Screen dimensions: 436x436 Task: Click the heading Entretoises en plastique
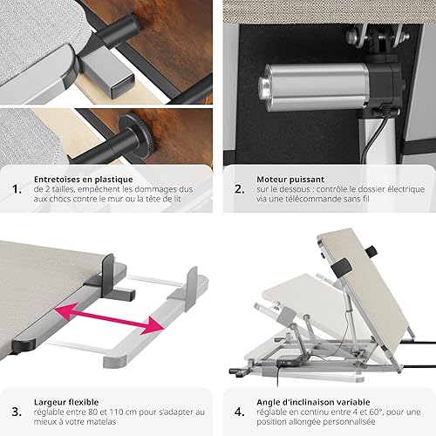84,180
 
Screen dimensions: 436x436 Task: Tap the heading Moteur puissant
290,180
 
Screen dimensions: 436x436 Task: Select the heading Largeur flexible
66,402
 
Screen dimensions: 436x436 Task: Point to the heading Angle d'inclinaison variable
313,402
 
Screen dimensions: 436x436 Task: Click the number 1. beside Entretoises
17,189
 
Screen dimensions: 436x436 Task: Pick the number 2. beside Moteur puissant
240,189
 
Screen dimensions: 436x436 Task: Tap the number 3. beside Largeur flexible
17,412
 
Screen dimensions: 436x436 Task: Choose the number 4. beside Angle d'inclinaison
240,412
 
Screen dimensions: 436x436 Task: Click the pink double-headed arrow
110,318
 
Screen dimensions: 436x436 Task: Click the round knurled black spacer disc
137,133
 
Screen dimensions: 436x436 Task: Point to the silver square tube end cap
122,87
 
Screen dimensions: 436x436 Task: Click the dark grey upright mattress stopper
108,276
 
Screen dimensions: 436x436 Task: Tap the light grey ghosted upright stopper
191,289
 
